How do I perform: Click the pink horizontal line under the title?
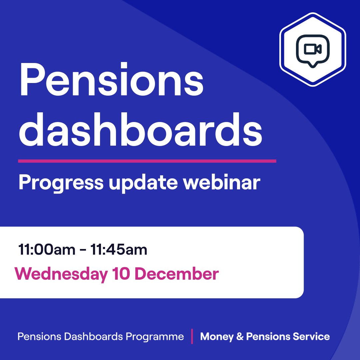[147, 161]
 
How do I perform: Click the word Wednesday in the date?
[61, 274]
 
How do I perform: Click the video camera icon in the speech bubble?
[313, 49]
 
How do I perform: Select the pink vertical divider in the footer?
[192, 336]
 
